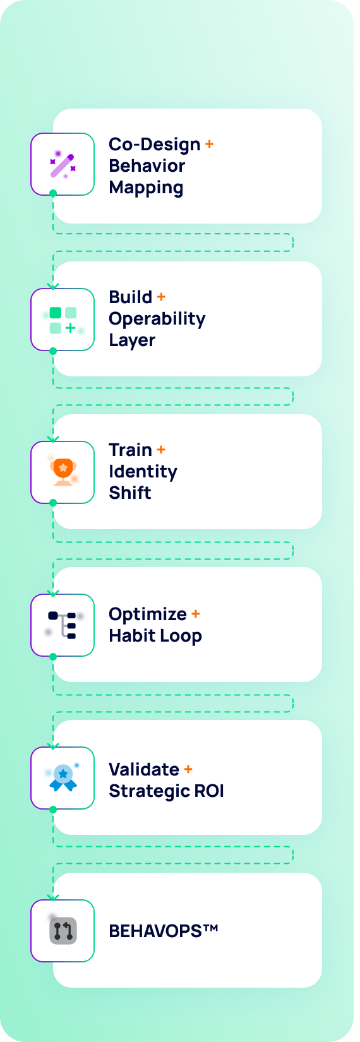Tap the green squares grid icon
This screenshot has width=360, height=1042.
point(63,321)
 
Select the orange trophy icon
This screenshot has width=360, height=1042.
point(63,472)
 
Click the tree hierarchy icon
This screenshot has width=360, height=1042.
point(63,625)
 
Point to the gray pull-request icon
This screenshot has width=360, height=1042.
point(63,931)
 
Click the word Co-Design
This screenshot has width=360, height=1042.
point(154,144)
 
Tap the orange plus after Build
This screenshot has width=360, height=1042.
point(161,296)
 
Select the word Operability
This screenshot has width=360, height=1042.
point(157,320)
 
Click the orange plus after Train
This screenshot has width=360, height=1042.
point(161,450)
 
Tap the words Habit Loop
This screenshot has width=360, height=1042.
point(155,636)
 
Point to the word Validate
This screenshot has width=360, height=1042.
point(144,769)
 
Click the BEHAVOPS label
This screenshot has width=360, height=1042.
point(163,931)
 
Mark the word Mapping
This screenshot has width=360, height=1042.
point(146,188)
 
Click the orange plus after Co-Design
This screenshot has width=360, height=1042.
point(209,144)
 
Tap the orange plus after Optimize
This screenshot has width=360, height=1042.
point(196,614)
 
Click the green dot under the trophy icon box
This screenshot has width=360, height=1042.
point(53,503)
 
